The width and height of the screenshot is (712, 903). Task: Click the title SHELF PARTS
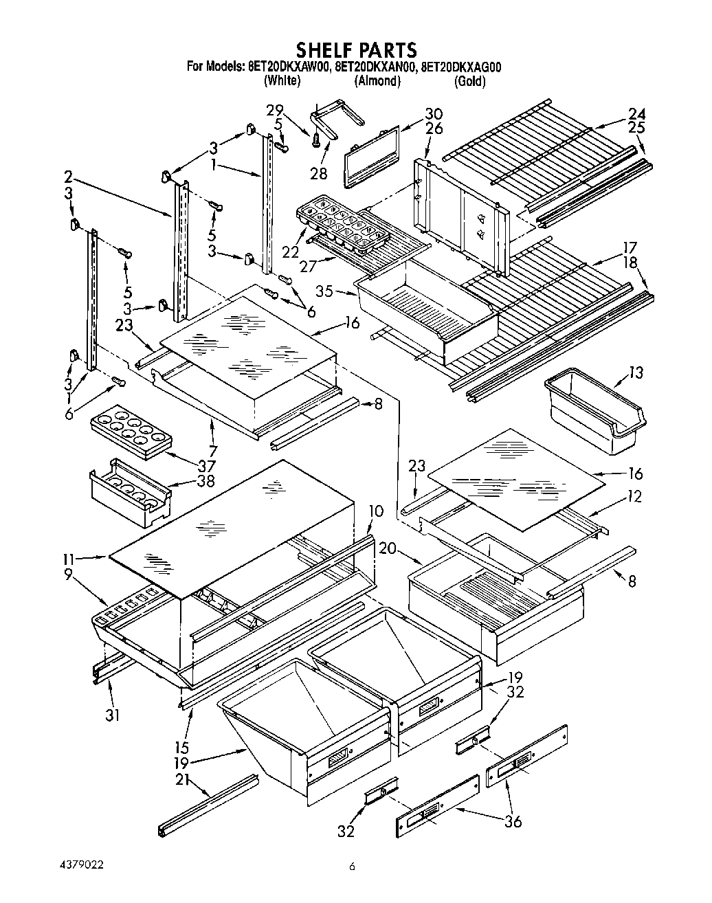coord(355,49)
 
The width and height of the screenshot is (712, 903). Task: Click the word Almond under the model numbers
coord(377,81)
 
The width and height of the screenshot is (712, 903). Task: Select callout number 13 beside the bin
coord(636,373)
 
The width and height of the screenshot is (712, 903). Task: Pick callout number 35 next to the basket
coord(324,291)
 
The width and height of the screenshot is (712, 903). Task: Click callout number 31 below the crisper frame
coord(113,715)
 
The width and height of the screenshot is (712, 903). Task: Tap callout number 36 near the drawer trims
coord(513,821)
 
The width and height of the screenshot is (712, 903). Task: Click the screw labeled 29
coord(316,140)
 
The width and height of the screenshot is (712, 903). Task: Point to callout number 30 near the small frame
coord(433,114)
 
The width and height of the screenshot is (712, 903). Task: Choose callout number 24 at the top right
coord(636,114)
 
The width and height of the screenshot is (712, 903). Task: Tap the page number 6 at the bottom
coord(352,868)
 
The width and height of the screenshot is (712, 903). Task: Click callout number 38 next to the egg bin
coord(204,482)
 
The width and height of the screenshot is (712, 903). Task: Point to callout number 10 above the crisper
coord(375,511)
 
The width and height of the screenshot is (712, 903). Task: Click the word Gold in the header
coord(470,81)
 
